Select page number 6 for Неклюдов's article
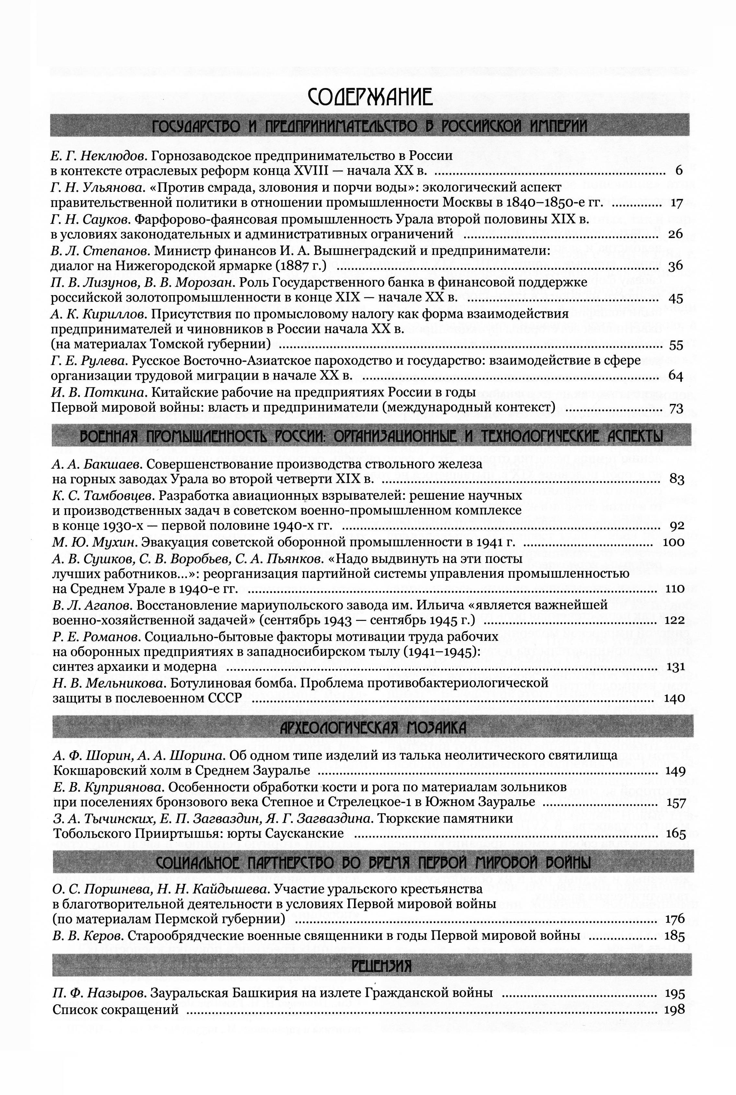(678, 171)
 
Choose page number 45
(675, 298)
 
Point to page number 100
(673, 542)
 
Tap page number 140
(674, 698)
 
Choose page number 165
(675, 834)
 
